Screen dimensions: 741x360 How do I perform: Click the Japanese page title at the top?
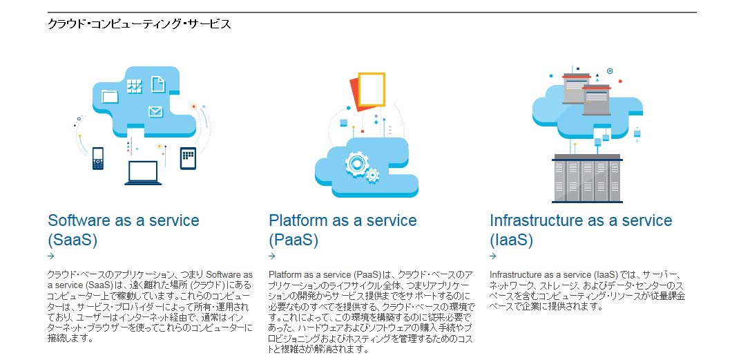pyautogui.click(x=139, y=23)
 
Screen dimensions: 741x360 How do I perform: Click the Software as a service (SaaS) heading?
pyautogui.click(x=124, y=230)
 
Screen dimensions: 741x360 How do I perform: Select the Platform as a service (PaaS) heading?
pyautogui.click(x=343, y=230)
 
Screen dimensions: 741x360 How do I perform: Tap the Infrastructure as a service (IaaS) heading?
pyautogui.click(x=581, y=230)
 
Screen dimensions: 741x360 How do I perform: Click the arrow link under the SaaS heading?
pyautogui.click(x=51, y=256)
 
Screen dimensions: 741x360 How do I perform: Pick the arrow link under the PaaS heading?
pyautogui.click(x=271, y=256)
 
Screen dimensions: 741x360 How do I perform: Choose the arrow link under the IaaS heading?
pyautogui.click(x=493, y=256)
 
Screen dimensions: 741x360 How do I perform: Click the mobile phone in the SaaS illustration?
pyautogui.click(x=98, y=158)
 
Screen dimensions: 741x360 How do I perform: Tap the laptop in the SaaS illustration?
pyautogui.click(x=143, y=173)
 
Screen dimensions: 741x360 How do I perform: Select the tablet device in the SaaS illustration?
pyautogui.click(x=188, y=158)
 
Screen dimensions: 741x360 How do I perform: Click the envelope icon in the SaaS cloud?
pyautogui.click(x=155, y=111)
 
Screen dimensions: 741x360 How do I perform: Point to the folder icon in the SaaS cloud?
pyautogui.click(x=110, y=96)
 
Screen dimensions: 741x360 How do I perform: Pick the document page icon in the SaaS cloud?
pyautogui.click(x=158, y=84)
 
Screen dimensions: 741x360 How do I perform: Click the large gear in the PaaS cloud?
pyautogui.click(x=356, y=163)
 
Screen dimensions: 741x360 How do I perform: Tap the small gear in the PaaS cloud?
pyautogui.click(x=372, y=176)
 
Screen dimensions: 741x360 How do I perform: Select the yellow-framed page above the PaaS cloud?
pyautogui.click(x=372, y=89)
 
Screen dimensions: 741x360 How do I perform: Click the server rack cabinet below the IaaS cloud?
pyautogui.click(x=587, y=178)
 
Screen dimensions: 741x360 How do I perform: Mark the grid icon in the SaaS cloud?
pyautogui.click(x=135, y=86)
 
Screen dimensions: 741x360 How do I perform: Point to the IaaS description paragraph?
pyautogui.click(x=587, y=290)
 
